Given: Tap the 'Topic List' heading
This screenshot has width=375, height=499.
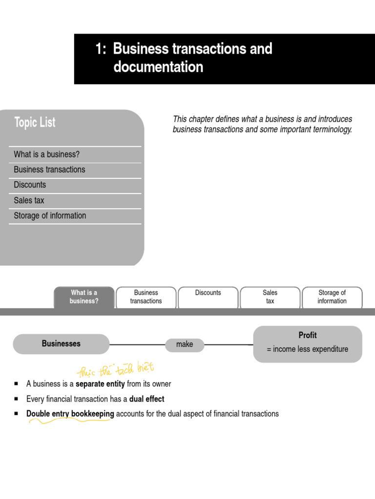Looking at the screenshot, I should [x=35, y=122].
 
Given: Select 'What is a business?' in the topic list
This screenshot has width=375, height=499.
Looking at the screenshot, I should [x=47, y=154].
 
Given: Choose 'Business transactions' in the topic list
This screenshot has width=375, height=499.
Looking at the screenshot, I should [x=49, y=170].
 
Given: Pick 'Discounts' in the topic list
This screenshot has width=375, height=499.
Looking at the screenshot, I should [x=30, y=185].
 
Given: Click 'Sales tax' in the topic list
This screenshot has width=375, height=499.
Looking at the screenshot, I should [x=29, y=200].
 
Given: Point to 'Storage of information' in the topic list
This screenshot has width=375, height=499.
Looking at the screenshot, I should [x=50, y=215].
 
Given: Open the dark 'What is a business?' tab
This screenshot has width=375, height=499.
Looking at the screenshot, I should [x=84, y=297].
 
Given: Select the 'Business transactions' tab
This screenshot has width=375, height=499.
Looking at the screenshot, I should [x=146, y=297].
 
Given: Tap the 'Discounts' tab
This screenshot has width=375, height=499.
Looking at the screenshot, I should [x=208, y=293].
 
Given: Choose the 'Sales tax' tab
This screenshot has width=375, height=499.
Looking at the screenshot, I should [x=270, y=297].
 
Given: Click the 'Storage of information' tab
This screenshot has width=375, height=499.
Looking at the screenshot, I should [x=332, y=297].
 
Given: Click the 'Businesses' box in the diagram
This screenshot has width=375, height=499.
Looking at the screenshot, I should [x=61, y=344].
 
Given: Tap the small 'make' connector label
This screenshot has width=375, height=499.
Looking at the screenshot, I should [x=185, y=345].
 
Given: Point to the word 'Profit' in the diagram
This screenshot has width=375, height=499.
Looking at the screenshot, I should [x=308, y=335].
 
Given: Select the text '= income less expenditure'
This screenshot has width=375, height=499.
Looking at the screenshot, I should [x=308, y=349].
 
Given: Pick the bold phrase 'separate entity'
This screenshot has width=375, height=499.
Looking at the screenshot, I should [x=100, y=384].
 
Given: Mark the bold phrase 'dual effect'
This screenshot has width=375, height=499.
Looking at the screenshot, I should [x=146, y=399].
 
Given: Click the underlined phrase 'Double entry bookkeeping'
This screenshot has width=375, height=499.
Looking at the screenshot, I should [x=70, y=414].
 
